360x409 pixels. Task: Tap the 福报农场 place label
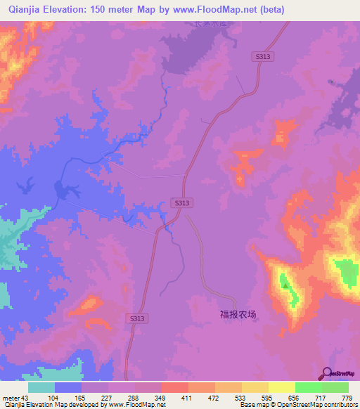(x=237, y=316)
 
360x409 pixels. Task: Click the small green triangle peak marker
(x=284, y=285)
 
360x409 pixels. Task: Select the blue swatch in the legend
(x=68, y=387)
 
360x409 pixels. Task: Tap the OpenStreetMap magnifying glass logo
(x=326, y=374)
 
